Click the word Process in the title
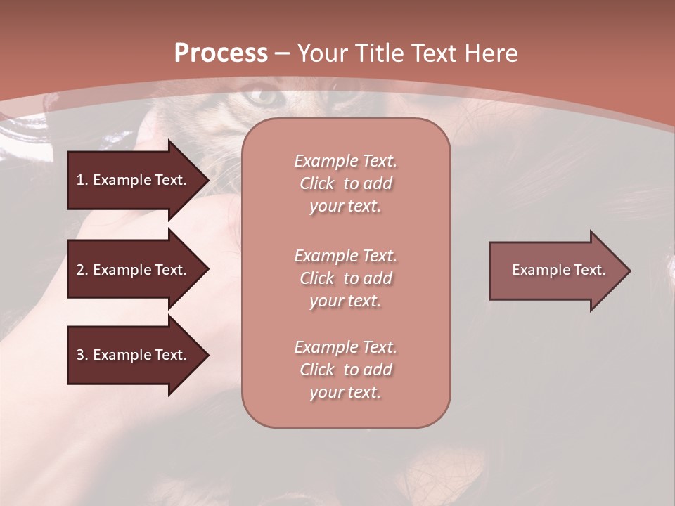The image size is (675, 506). [221, 53]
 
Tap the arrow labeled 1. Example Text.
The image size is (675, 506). [131, 180]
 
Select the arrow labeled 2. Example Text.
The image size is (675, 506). [131, 270]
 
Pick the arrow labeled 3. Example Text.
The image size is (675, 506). [131, 355]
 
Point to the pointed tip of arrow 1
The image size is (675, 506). [207, 180]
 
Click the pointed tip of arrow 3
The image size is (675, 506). [207, 355]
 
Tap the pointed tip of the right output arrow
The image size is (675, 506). [629, 271]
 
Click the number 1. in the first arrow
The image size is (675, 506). [82, 180]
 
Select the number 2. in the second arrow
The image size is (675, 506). [82, 270]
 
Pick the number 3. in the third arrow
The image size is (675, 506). [82, 355]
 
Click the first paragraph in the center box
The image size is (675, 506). [345, 183]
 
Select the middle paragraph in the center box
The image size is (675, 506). [345, 278]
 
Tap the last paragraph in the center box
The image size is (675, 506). [345, 370]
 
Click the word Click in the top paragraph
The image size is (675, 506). [317, 183]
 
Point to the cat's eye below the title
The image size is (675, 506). [263, 97]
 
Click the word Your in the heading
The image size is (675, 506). [324, 53]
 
